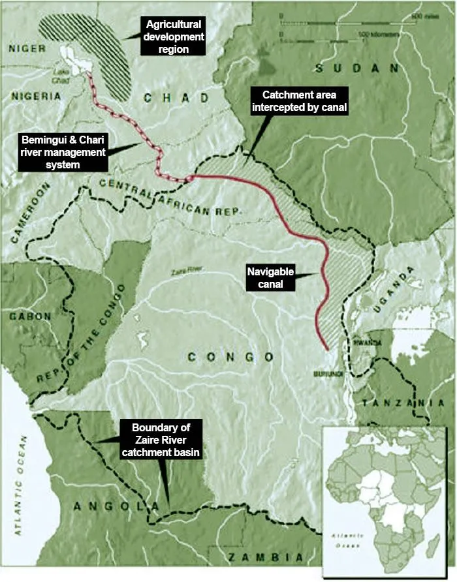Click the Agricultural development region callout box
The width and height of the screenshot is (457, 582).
pos(176,35)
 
